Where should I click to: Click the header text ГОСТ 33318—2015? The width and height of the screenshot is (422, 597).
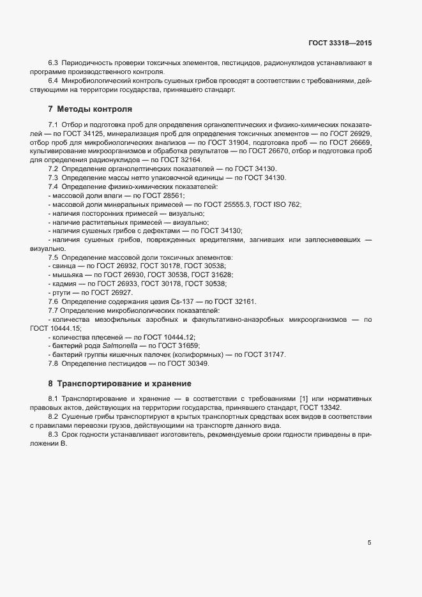coord(340,43)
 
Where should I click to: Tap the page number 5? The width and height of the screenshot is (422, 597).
coord(370,543)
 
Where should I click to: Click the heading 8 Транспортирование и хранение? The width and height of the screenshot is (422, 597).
coord(120,384)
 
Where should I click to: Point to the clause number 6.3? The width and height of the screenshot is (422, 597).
coord(53,63)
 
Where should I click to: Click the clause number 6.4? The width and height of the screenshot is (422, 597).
coord(53,81)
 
